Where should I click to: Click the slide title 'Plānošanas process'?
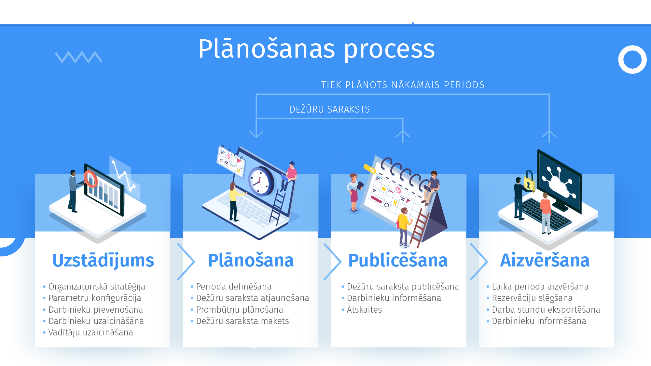(316, 49)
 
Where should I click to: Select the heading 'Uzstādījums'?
(103, 261)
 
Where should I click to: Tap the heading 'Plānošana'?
(251, 261)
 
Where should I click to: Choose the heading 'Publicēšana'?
(398, 261)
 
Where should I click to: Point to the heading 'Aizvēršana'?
(545, 261)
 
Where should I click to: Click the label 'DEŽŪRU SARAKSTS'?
(329, 109)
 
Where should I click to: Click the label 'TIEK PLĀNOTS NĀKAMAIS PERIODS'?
(403, 85)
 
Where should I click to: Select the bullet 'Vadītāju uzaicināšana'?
(90, 332)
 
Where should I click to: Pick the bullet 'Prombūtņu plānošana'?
(239, 310)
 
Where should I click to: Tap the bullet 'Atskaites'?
(364, 310)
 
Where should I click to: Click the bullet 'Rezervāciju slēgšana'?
(532, 298)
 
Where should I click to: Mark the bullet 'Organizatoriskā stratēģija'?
(97, 287)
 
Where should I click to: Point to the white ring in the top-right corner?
(632, 60)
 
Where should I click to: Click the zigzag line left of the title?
(78, 57)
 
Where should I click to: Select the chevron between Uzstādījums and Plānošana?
(186, 262)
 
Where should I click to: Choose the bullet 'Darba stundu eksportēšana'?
(546, 310)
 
